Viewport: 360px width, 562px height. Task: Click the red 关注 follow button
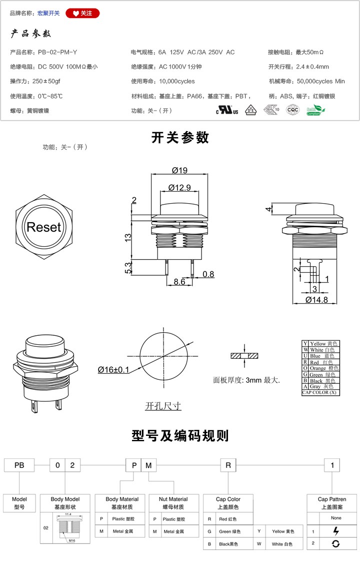pyautogui.click(x=82, y=13)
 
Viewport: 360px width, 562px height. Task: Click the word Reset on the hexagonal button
pyautogui.click(x=43, y=227)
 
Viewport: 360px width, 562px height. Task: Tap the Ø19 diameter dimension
pyautogui.click(x=179, y=171)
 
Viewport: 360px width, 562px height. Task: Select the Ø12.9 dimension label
pyautogui.click(x=179, y=188)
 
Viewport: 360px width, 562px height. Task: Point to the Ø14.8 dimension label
pyautogui.click(x=316, y=300)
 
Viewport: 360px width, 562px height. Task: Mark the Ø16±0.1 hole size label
pyautogui.click(x=113, y=370)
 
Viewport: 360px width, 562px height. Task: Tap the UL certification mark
pyautogui.click(x=227, y=111)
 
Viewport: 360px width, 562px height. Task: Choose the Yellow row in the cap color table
pyautogui.click(x=320, y=344)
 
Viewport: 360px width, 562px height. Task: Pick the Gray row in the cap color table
pyautogui.click(x=320, y=386)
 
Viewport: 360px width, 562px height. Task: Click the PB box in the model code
pyautogui.click(x=19, y=465)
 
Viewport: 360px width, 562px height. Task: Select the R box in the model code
pyautogui.click(x=228, y=465)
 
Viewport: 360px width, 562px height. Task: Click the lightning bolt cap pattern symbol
pyautogui.click(x=336, y=531)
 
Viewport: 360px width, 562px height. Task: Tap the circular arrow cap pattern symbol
pyautogui.click(x=336, y=543)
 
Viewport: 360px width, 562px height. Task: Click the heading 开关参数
pyautogui.click(x=180, y=138)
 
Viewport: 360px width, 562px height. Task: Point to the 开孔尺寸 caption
pyautogui.click(x=163, y=406)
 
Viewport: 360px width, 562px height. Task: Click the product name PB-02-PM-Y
pyautogui.click(x=57, y=52)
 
